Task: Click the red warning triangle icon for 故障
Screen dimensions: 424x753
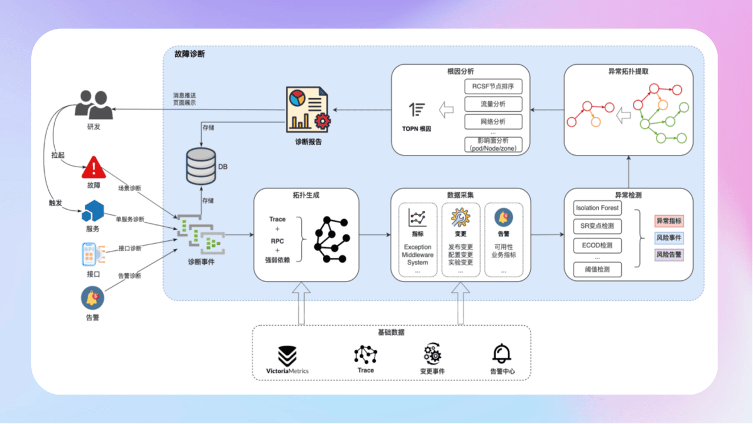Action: pyautogui.click(x=94, y=168)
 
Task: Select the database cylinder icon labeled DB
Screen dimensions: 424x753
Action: pyautogui.click(x=201, y=165)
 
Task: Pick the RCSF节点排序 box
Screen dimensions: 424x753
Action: pyautogui.click(x=493, y=87)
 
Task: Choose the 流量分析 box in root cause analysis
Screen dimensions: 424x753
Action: pyautogui.click(x=493, y=104)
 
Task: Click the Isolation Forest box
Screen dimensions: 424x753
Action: pyautogui.click(x=597, y=208)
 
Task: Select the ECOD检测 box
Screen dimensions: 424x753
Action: pyautogui.click(x=597, y=245)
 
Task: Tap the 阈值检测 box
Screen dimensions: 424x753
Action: pyautogui.click(x=597, y=270)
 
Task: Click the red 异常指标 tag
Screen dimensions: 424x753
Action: pyautogui.click(x=669, y=221)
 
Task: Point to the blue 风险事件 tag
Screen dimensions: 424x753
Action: pyautogui.click(x=669, y=238)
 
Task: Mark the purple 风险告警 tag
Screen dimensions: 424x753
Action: pyautogui.click(x=669, y=255)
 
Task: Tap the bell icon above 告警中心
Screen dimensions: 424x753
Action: pyautogui.click(x=501, y=353)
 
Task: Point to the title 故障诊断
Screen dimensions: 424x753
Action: pyautogui.click(x=189, y=54)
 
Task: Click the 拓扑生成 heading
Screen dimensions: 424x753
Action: pyautogui.click(x=306, y=195)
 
